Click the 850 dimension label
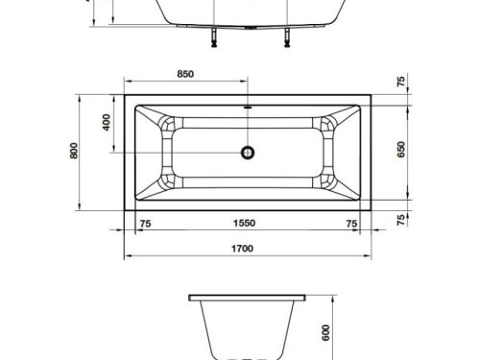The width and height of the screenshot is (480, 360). pos(186,74)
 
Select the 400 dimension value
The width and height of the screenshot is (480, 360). pos(108,122)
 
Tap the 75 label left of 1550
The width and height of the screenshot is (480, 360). pos(145,224)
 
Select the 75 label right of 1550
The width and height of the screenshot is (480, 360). pos(351,224)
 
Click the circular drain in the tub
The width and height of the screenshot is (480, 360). pos(248,151)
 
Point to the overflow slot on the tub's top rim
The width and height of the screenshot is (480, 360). pos(248,108)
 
